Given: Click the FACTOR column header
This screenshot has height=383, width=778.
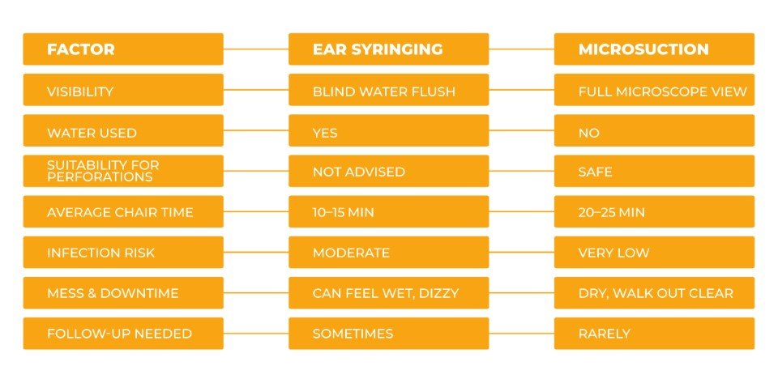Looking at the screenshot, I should point(123,49).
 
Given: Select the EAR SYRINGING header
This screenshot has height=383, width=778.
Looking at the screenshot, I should point(389,49).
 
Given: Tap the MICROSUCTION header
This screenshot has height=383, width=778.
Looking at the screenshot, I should point(654,49).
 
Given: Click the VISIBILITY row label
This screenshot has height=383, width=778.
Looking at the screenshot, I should point(123,91).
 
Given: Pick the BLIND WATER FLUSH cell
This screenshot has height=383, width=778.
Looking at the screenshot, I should point(389,91).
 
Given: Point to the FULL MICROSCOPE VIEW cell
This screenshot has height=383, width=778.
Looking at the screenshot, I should point(654,91).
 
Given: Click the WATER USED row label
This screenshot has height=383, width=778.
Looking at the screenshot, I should point(123,131).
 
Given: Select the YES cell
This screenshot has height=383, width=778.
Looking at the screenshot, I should point(389,131).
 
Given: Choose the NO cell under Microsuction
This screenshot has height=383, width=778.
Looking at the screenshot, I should point(654,131).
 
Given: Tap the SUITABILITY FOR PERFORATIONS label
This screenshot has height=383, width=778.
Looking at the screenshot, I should point(123,171).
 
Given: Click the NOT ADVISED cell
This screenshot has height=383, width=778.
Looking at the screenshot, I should point(389,171).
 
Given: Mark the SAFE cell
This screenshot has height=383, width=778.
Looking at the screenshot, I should point(654,171).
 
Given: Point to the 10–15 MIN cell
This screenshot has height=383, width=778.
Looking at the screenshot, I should point(389,212).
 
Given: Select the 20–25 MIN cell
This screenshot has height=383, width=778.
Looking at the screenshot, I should point(654,212).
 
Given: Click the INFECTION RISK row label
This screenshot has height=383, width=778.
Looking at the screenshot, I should point(123,253).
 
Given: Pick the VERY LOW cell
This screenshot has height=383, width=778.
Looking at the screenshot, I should point(654,253).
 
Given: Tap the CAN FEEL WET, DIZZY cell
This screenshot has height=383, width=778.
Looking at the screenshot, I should point(389,293).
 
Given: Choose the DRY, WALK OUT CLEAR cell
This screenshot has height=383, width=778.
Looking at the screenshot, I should point(654,293).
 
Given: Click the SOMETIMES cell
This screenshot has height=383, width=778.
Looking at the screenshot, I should point(389,334).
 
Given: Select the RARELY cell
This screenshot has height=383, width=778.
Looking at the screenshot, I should point(654,334).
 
